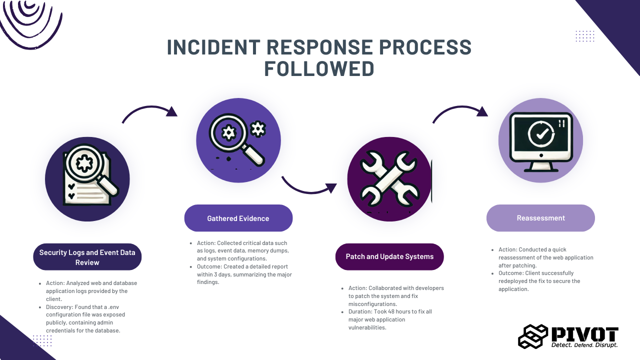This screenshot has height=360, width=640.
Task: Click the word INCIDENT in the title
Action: pyautogui.click(x=213, y=47)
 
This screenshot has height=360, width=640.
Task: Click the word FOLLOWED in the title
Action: pyautogui.click(x=319, y=69)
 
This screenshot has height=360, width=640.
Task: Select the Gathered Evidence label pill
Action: pyautogui.click(x=238, y=218)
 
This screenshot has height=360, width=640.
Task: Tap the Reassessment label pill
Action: pyautogui.click(x=540, y=218)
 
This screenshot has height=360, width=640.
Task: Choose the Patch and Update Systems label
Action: pyautogui.click(x=389, y=256)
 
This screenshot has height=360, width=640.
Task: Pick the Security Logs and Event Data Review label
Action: pyautogui.click(x=87, y=257)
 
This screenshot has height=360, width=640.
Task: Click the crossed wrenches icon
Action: pyautogui.click(x=389, y=179)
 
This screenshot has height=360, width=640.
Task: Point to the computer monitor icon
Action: pyautogui.click(x=541, y=142)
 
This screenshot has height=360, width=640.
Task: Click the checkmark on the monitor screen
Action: pyautogui.click(x=542, y=133)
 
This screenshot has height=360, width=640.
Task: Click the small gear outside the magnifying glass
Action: pyautogui.click(x=258, y=129)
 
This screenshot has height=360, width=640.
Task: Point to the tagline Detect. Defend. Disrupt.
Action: pyautogui.click(x=584, y=345)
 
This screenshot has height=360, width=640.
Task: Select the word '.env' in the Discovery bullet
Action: pyautogui.click(x=113, y=307)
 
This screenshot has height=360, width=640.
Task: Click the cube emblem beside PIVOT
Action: pyautogui.click(x=533, y=336)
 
